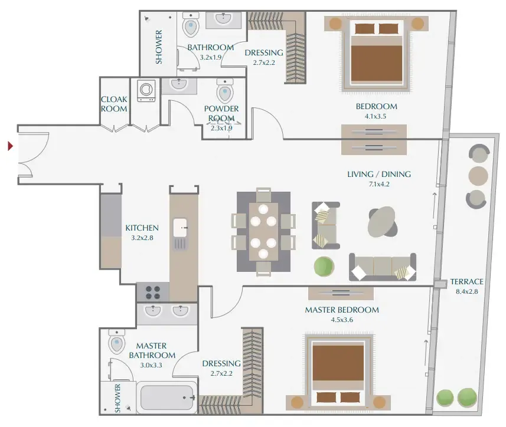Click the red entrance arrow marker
tap(10, 146)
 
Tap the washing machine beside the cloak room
tap(146, 90)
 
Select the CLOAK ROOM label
tap(114, 104)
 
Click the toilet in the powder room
tap(225, 91)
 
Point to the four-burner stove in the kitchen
tap(153, 293)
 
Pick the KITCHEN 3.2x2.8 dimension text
tap(142, 238)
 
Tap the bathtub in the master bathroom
tap(167, 398)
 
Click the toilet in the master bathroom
tap(116, 341)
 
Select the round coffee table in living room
tap(382, 221)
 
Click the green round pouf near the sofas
tap(324, 267)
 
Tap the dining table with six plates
tap(263, 231)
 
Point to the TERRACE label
tap(466, 282)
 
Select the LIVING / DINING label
tap(379, 175)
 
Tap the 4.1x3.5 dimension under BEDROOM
tap(376, 116)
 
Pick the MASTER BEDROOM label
tap(342, 310)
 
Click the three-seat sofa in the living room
tap(383, 267)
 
